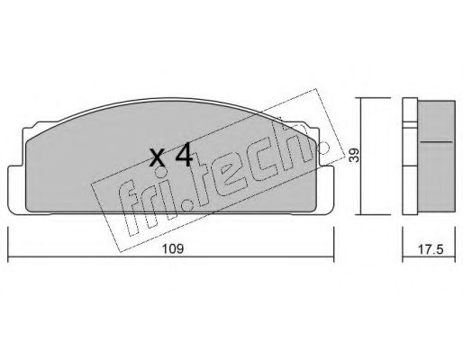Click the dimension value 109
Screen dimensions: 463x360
click(x=173, y=248)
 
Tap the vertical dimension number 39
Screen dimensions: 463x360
click(x=355, y=156)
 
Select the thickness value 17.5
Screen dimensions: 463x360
click(x=431, y=249)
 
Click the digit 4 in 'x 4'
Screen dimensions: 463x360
click(x=184, y=155)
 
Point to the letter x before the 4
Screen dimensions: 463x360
click(x=158, y=158)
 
